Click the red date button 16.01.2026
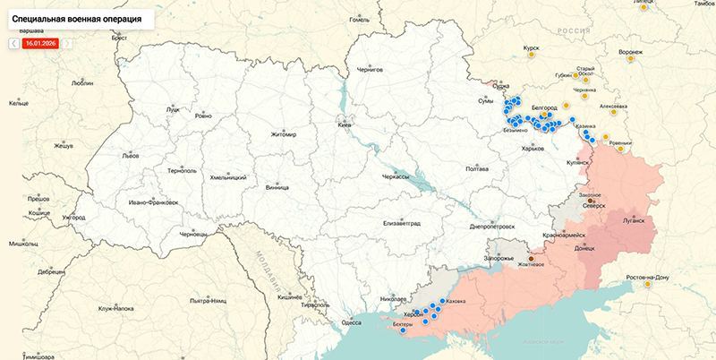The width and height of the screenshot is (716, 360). (x=39, y=42)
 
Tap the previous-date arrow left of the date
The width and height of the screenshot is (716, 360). (x=13, y=42)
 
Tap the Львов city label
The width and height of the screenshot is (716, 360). (x=131, y=155)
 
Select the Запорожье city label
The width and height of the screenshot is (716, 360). (x=499, y=258)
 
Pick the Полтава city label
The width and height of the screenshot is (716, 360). (x=478, y=168)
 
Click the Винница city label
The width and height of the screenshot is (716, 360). (x=277, y=188)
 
